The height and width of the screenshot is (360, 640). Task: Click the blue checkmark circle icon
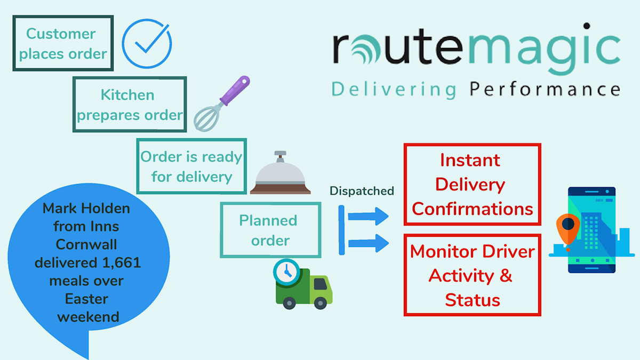tap(147, 44)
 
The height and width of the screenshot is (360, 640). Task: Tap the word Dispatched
tap(362, 191)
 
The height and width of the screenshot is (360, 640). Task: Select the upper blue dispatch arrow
tap(368, 216)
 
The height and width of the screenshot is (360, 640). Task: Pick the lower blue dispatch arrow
tap(368, 243)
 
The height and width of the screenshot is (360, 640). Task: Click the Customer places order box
tap(63, 43)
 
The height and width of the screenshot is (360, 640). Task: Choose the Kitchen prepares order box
tap(130, 105)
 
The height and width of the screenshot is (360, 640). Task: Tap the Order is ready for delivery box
tap(191, 166)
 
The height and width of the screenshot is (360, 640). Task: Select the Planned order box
tap(270, 230)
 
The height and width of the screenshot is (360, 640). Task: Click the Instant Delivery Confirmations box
tap(472, 184)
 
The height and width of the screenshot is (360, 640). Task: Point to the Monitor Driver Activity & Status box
tap(472, 275)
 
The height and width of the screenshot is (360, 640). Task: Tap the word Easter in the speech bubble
tap(88, 298)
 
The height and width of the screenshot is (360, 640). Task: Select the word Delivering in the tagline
tap(394, 89)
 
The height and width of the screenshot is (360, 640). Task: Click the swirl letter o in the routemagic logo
tap(372, 49)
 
